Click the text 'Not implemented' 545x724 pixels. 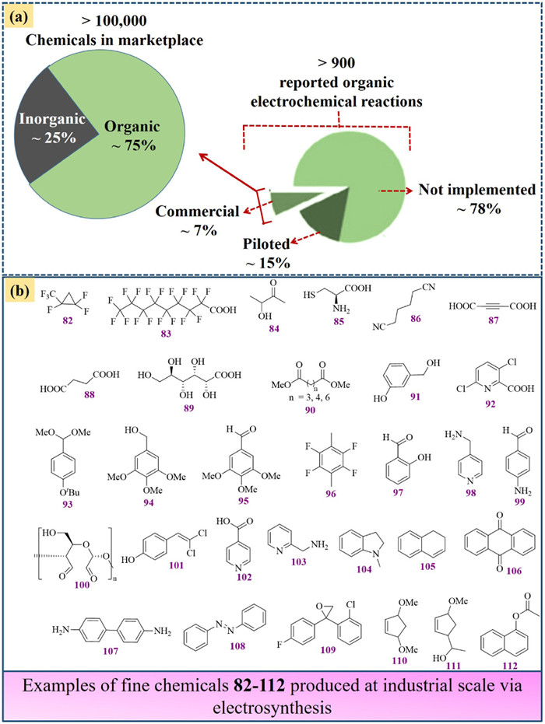tap(476, 189)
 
